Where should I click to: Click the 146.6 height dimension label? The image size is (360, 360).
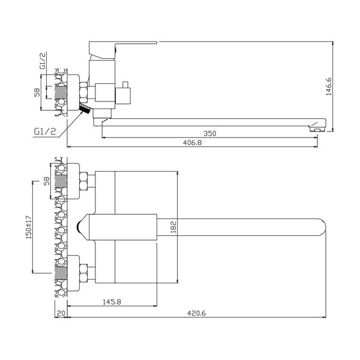tap(329, 86)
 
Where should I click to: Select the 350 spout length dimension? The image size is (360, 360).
tap(209, 133)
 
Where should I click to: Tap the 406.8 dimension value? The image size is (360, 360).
tap(192, 143)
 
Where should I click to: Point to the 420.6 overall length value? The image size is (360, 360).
tap(197, 313)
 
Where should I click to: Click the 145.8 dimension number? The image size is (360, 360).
tap(112, 302)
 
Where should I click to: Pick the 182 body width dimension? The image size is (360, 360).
tap(173, 227)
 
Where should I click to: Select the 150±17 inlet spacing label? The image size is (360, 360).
tap(29, 227)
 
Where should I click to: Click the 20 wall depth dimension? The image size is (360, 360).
tap(61, 313)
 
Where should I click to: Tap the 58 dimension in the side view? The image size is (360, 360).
tap(37, 92)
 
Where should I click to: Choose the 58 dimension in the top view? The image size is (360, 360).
tap(47, 181)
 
